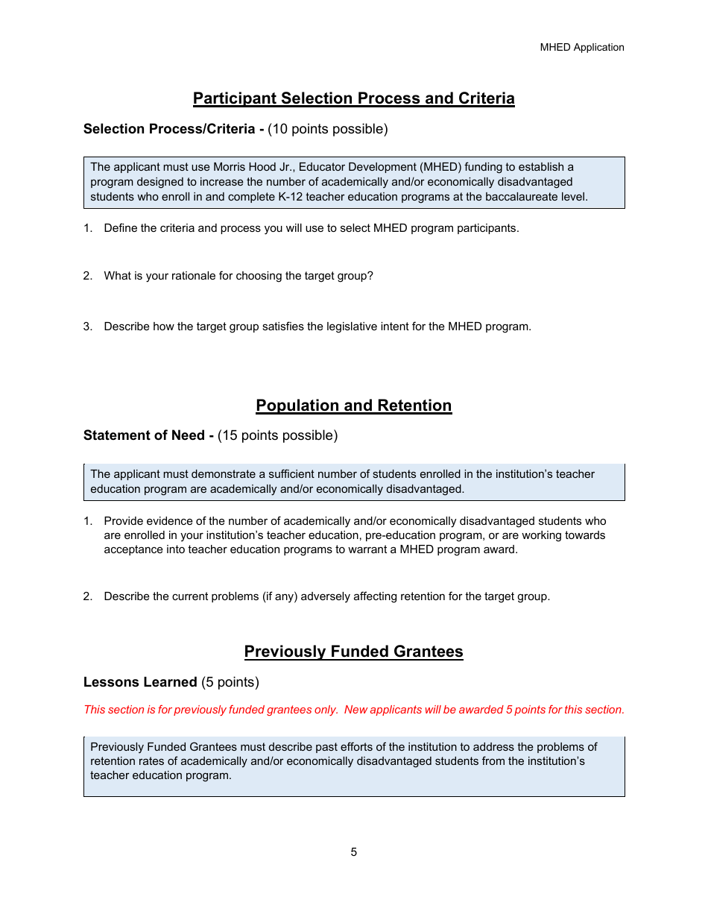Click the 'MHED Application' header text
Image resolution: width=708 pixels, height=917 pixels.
tap(582, 47)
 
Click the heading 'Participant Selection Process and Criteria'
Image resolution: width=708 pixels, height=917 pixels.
tap(353, 98)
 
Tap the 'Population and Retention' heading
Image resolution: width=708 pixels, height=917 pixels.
tap(353, 406)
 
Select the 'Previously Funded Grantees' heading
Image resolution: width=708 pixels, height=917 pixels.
tap(353, 652)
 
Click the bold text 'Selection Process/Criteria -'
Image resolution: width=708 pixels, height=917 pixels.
tap(174, 129)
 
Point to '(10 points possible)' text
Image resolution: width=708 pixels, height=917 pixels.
tap(328, 129)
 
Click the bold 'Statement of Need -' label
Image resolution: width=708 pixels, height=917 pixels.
tap(149, 435)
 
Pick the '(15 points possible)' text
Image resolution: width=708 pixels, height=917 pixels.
tap(277, 435)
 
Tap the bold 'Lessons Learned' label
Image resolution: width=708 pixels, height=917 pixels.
tap(140, 682)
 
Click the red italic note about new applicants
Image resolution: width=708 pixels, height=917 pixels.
tap(353, 710)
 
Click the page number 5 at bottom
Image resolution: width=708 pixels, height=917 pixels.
tap(353, 852)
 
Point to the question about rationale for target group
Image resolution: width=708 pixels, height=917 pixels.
tap(238, 276)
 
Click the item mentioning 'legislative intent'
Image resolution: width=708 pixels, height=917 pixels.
tap(317, 327)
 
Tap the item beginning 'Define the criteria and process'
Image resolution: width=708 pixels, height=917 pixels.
tap(311, 228)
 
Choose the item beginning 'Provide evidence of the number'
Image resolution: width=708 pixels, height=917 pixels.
tap(355, 535)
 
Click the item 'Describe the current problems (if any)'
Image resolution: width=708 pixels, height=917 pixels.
tap(326, 596)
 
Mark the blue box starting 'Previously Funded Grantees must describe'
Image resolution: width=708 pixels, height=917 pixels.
tap(353, 766)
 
